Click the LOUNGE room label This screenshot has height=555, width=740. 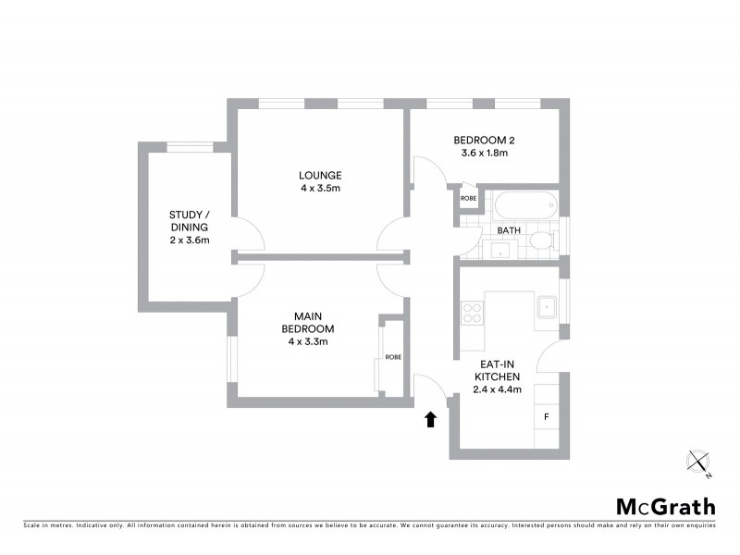(320, 175)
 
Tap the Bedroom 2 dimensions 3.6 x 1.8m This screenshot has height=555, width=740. (484, 154)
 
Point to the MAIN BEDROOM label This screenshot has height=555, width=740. (308, 322)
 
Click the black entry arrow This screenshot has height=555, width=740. (429, 420)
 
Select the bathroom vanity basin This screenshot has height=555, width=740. (503, 248)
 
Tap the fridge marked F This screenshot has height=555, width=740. (547, 417)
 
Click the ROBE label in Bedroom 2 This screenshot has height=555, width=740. (469, 198)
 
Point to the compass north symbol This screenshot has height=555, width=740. (698, 461)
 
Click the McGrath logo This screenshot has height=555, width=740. (665, 506)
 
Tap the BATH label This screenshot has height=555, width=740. (509, 229)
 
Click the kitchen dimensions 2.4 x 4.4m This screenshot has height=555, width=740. (499, 389)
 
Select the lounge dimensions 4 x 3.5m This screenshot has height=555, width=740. (320, 188)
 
